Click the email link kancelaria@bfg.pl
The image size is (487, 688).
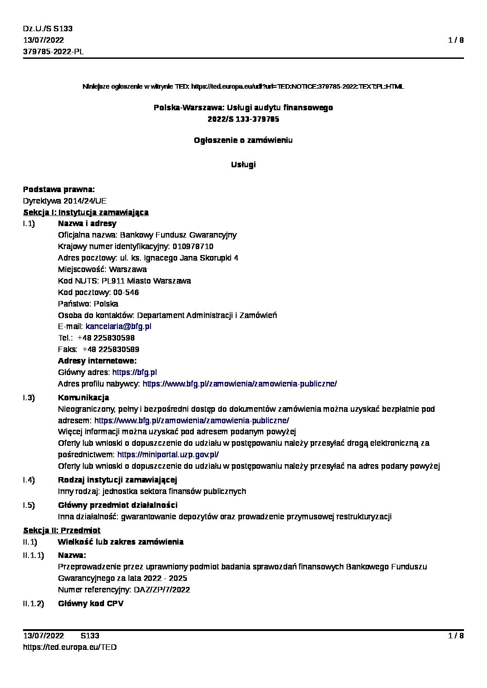(118, 326)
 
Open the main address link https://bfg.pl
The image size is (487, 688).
(134, 372)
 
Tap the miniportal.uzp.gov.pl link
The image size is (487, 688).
(168, 455)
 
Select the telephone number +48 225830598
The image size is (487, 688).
(106, 338)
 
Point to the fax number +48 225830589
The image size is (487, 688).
(110, 349)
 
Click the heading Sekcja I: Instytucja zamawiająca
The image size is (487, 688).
(86, 212)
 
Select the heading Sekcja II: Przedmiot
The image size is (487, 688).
(62, 530)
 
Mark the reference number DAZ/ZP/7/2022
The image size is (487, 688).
(162, 590)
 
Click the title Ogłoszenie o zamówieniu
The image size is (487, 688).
(243, 140)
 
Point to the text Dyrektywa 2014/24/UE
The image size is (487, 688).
(65, 201)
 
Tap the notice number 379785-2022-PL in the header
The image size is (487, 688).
(53, 51)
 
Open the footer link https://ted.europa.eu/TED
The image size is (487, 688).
(70, 647)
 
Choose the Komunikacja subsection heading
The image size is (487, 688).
(83, 398)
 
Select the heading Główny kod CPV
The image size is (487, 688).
(90, 603)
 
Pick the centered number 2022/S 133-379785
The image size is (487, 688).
(243, 119)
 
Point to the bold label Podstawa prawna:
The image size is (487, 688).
(59, 189)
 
